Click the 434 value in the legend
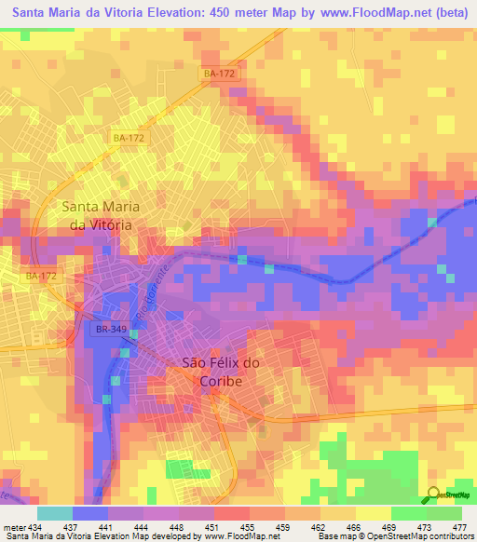pyautogui.click(x=35, y=527)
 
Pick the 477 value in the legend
pyautogui.click(x=459, y=527)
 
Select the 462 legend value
pyautogui.click(x=318, y=527)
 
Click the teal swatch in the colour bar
pyautogui.click(x=55, y=513)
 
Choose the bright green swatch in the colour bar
pyautogui.click(x=408, y=513)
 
